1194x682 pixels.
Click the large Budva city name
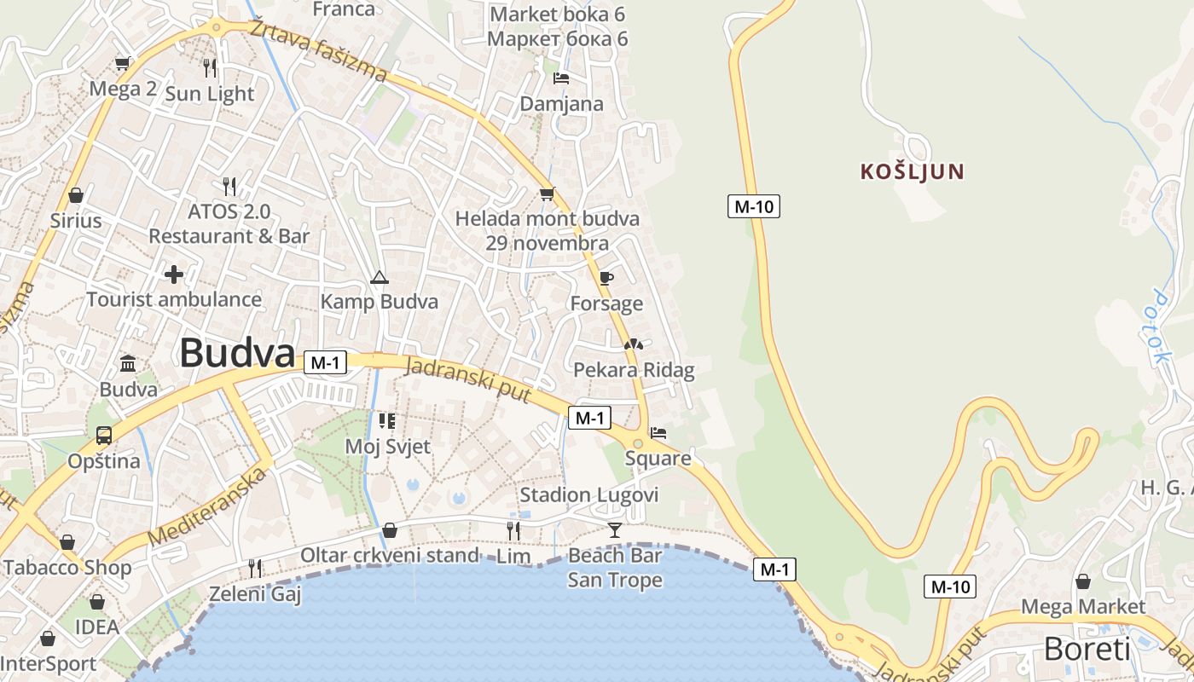pyautogui.click(x=237, y=353)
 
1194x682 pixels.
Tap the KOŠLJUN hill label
pyautogui.click(x=912, y=171)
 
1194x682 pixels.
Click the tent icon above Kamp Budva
pyautogui.click(x=379, y=277)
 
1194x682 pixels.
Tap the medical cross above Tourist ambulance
pyautogui.click(x=174, y=275)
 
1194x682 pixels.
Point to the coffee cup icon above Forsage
pyautogui.click(x=606, y=278)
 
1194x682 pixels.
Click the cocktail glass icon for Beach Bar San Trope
pyautogui.click(x=615, y=530)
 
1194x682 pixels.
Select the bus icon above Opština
pyautogui.click(x=104, y=436)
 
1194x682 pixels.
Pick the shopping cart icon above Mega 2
pyautogui.click(x=123, y=63)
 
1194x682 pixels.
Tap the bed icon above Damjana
pyautogui.click(x=561, y=78)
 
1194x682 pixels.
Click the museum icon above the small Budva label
pyautogui.click(x=128, y=364)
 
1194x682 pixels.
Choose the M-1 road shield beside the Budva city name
pyautogui.click(x=325, y=362)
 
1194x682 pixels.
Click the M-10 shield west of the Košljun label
pyautogui.click(x=754, y=205)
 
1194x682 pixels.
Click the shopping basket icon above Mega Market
pyautogui.click(x=1083, y=581)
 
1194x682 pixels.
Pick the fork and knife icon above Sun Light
pyautogui.click(x=210, y=67)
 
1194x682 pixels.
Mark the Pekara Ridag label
pyautogui.click(x=634, y=370)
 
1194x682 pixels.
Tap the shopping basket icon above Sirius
pyautogui.click(x=76, y=195)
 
